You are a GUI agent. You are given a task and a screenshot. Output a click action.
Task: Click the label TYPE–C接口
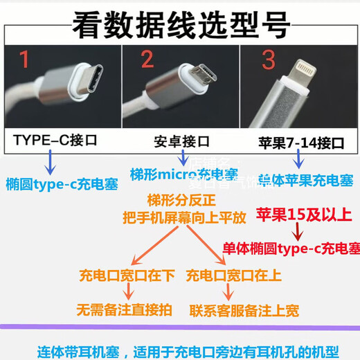(55, 141)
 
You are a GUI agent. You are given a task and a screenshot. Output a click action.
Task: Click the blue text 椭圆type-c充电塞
(61, 184)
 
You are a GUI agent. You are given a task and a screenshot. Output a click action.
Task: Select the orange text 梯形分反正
(177, 201)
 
